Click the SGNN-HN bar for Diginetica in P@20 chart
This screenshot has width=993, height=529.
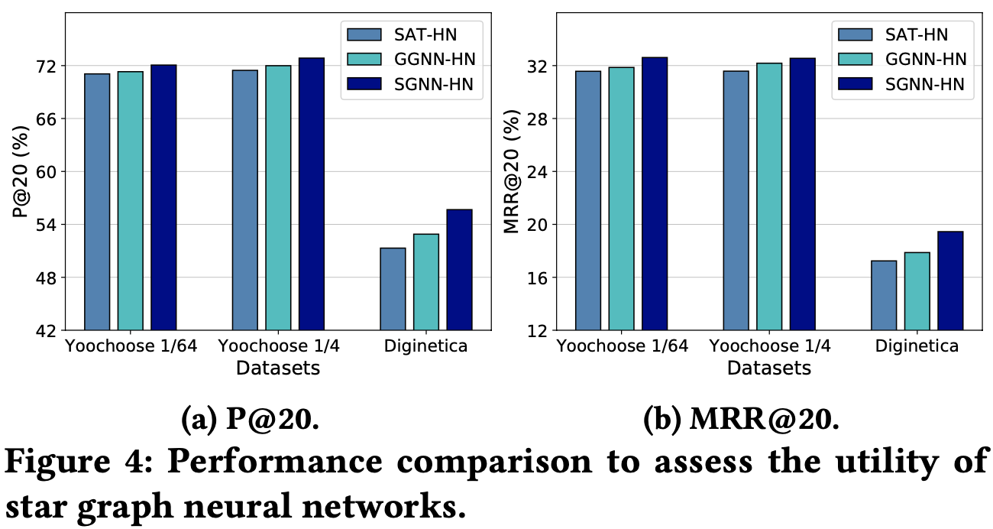pyautogui.click(x=459, y=269)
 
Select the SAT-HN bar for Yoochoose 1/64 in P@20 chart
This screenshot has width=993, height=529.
pyautogui.click(x=97, y=202)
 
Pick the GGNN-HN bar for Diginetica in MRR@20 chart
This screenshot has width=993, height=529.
pyautogui.click(x=917, y=291)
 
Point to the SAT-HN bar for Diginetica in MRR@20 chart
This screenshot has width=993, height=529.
pyautogui.click(x=884, y=295)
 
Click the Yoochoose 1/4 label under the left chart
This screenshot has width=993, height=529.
pyautogui.click(x=279, y=346)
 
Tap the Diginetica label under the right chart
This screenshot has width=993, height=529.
pyautogui.click(x=917, y=346)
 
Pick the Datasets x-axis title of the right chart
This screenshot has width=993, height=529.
pyautogui.click(x=768, y=368)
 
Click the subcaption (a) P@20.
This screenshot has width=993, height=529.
pyautogui.click(x=249, y=420)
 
